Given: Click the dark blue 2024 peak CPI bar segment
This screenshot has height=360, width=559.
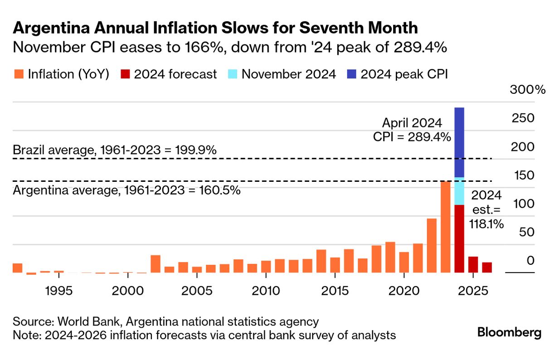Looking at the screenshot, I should (x=459, y=142).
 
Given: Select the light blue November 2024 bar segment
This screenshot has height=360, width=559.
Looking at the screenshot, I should (x=459, y=191).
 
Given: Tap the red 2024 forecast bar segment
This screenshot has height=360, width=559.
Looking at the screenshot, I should (x=459, y=238).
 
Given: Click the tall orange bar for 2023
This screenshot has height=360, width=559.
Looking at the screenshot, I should (x=445, y=227).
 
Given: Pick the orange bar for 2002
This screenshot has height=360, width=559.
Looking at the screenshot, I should (x=156, y=264).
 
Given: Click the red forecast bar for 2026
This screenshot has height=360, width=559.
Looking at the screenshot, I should (x=486, y=268).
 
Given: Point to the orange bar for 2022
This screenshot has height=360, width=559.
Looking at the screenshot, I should (x=432, y=245).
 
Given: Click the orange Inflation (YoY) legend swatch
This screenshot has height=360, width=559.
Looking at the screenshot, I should (x=19, y=74).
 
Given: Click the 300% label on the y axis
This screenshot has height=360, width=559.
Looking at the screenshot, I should (x=527, y=89).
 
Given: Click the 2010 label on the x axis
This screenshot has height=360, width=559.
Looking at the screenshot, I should (x=265, y=290).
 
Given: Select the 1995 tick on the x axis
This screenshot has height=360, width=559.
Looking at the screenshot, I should (x=59, y=290).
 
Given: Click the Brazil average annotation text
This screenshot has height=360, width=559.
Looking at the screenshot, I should (x=115, y=150).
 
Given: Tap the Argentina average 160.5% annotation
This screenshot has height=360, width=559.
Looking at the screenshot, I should (x=126, y=190).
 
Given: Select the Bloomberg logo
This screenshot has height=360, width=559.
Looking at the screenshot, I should (x=509, y=332).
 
